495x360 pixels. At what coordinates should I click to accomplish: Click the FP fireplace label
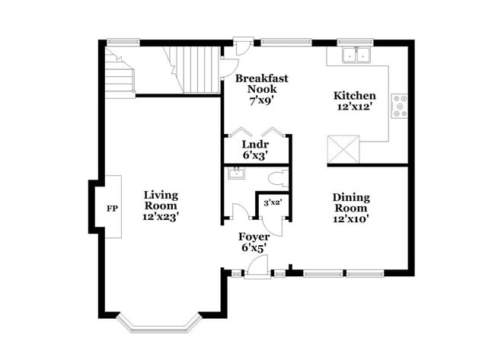(112, 208)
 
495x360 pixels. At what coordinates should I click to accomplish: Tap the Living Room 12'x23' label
(161, 205)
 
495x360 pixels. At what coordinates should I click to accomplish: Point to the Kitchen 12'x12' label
(355, 102)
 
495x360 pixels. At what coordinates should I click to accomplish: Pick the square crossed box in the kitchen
(343, 148)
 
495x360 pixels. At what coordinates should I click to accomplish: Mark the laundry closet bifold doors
(255, 131)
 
